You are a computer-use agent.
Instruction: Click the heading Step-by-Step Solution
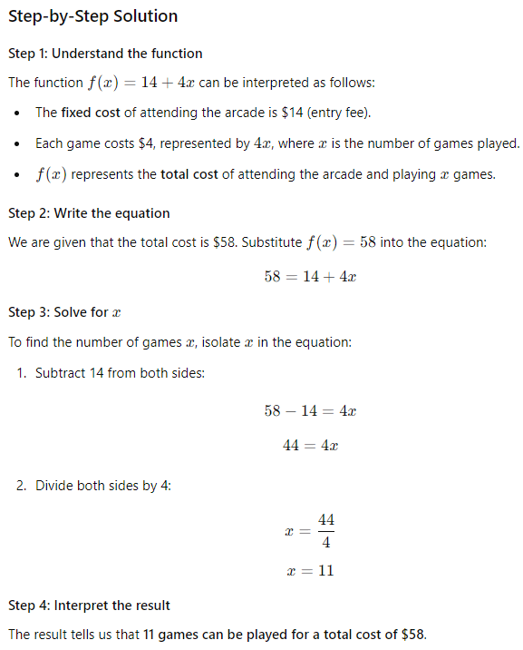tap(92, 16)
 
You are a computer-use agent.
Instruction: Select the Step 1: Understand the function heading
tap(105, 54)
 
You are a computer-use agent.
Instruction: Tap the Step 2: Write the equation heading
tap(89, 213)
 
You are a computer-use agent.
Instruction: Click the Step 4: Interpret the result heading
tap(89, 605)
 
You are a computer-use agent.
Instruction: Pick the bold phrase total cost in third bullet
tap(189, 174)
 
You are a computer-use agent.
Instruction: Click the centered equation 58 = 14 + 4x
tap(310, 277)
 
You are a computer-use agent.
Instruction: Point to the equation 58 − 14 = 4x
tap(310, 410)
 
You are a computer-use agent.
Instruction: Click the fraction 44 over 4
tap(326, 531)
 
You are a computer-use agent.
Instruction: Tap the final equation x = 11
tap(310, 570)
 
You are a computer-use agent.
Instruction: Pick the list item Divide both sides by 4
tap(103, 486)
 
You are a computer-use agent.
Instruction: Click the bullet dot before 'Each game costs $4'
tap(18, 144)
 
